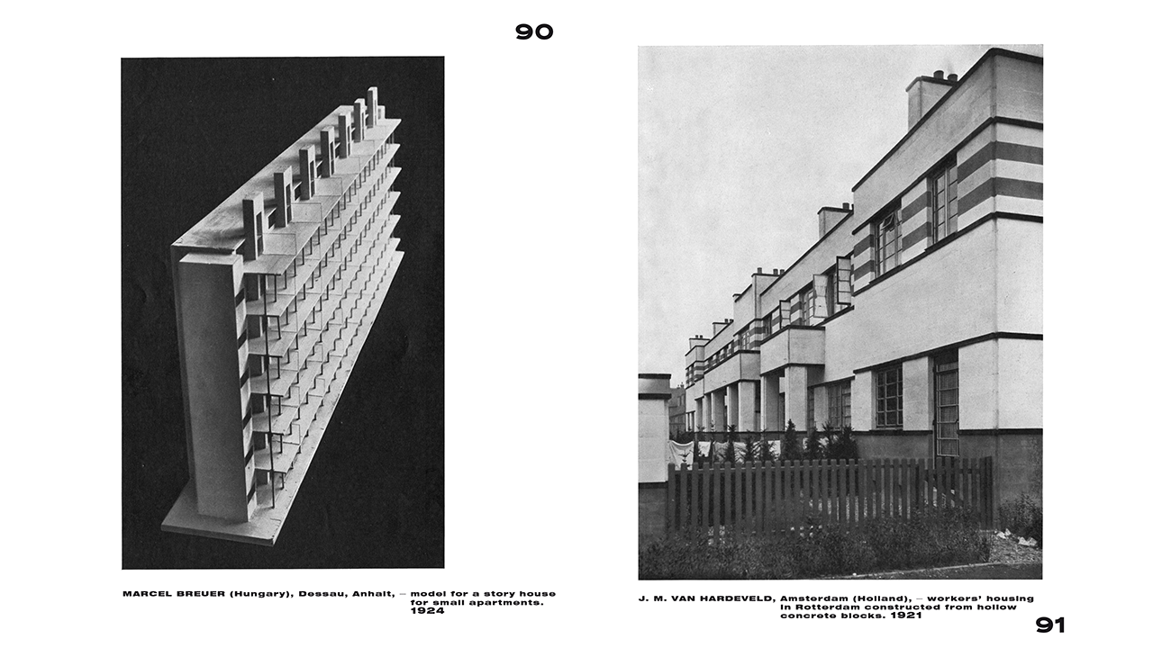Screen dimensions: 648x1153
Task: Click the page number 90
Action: [534, 31]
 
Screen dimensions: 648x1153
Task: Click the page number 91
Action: [1050, 625]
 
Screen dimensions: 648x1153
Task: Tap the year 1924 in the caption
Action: [427, 611]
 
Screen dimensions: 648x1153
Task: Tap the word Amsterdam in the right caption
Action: [815, 598]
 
